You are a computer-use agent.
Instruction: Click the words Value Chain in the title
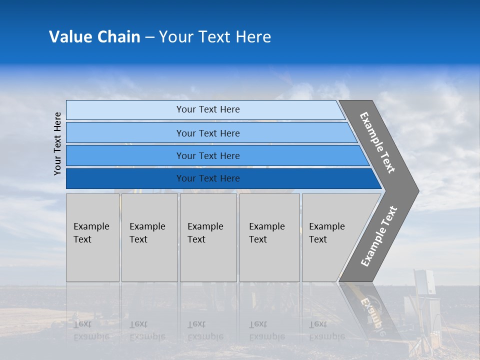pyautogui.click(x=94, y=37)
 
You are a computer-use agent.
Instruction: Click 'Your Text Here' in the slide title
pyautogui.click(x=215, y=37)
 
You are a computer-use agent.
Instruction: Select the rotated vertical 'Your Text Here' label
pyautogui.click(x=57, y=143)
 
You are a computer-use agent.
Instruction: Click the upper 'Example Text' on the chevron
pyautogui.click(x=377, y=142)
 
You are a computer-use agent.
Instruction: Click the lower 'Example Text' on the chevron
pyautogui.click(x=379, y=236)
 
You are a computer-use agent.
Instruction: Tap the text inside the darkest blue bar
pyautogui.click(x=208, y=178)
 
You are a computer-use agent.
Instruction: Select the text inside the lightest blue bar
pyautogui.click(x=208, y=109)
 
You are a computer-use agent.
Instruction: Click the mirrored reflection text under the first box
pyautogui.click(x=91, y=330)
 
